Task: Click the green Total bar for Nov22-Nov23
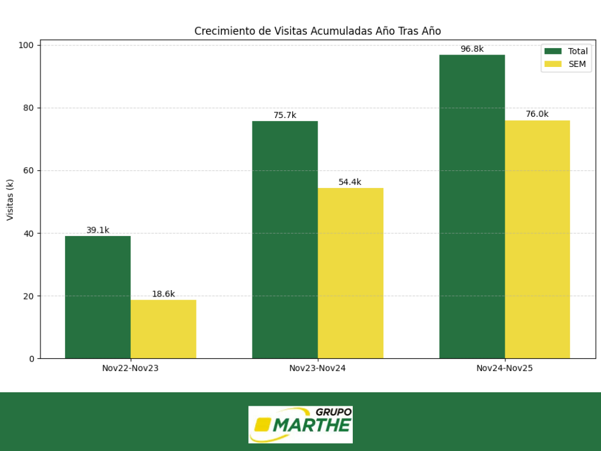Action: tap(97, 297)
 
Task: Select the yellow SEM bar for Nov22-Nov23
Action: tap(163, 329)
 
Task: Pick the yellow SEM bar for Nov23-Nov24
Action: tap(350, 273)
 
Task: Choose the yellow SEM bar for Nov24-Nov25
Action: tap(537, 239)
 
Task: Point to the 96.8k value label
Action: tap(472, 49)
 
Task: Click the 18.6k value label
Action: tap(163, 294)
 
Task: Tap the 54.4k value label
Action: tap(350, 182)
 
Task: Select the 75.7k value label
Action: tap(285, 116)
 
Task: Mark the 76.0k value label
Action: tap(537, 115)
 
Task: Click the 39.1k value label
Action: tap(97, 230)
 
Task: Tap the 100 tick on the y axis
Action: tap(26, 45)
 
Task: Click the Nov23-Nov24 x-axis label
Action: tap(318, 369)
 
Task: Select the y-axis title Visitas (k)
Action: tap(10, 200)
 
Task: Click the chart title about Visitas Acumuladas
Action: tap(318, 31)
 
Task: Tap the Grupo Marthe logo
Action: tap(300, 424)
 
